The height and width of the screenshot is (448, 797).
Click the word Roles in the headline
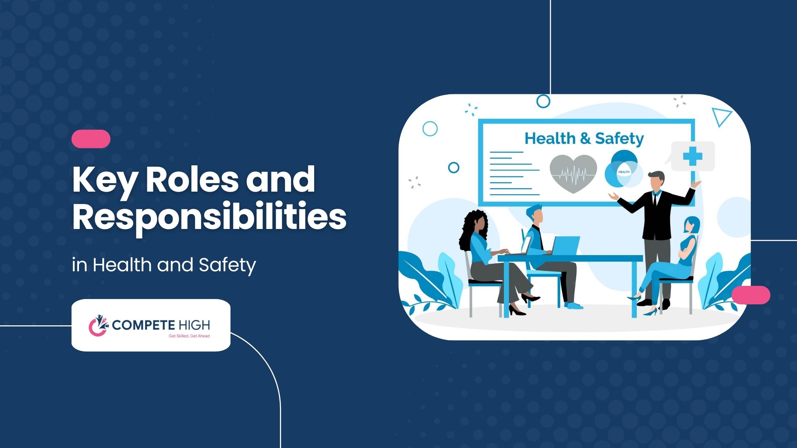(192, 180)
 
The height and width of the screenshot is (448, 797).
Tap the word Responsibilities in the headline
(210, 218)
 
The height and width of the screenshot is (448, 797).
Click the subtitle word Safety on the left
(227, 265)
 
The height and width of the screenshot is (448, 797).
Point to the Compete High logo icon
(98, 325)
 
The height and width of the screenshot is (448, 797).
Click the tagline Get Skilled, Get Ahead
(189, 336)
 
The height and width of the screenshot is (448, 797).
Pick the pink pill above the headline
(91, 139)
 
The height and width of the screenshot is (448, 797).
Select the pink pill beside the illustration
(751, 295)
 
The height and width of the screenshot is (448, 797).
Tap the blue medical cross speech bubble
(692, 156)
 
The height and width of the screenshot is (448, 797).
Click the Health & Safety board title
(584, 139)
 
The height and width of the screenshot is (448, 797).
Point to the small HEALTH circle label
(624, 172)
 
